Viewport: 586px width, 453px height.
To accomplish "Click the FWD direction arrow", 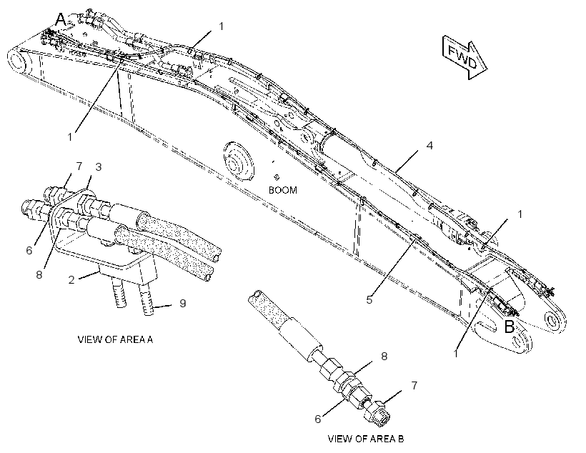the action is tap(465, 57).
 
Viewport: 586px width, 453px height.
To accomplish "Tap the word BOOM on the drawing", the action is tap(283, 190).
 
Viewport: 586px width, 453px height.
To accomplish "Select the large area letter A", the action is tap(61, 19).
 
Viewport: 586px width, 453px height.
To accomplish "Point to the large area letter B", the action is tap(510, 327).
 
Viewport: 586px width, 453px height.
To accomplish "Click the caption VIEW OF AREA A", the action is tap(115, 339).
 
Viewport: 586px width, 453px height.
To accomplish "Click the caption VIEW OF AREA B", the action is tap(365, 439).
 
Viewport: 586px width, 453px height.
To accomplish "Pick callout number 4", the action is tap(429, 145).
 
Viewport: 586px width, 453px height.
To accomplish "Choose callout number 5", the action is tap(369, 300).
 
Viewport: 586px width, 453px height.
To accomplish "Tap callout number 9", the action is tap(182, 303).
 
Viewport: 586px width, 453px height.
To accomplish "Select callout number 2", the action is tap(71, 279).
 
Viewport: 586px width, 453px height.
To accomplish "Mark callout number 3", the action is tap(99, 166).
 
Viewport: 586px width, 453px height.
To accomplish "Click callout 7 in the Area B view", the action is tap(414, 385).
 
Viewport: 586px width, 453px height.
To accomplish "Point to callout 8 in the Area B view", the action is tap(384, 357).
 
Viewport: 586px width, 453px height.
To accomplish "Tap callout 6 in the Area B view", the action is tap(318, 419).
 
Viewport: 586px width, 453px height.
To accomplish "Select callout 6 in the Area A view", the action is tap(29, 250).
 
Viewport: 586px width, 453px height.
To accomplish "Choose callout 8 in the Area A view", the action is tap(39, 274).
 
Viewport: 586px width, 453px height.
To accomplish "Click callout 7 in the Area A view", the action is tap(79, 166).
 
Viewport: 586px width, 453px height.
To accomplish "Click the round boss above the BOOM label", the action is tap(238, 161).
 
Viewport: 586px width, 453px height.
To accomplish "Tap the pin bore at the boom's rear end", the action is tap(17, 60).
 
